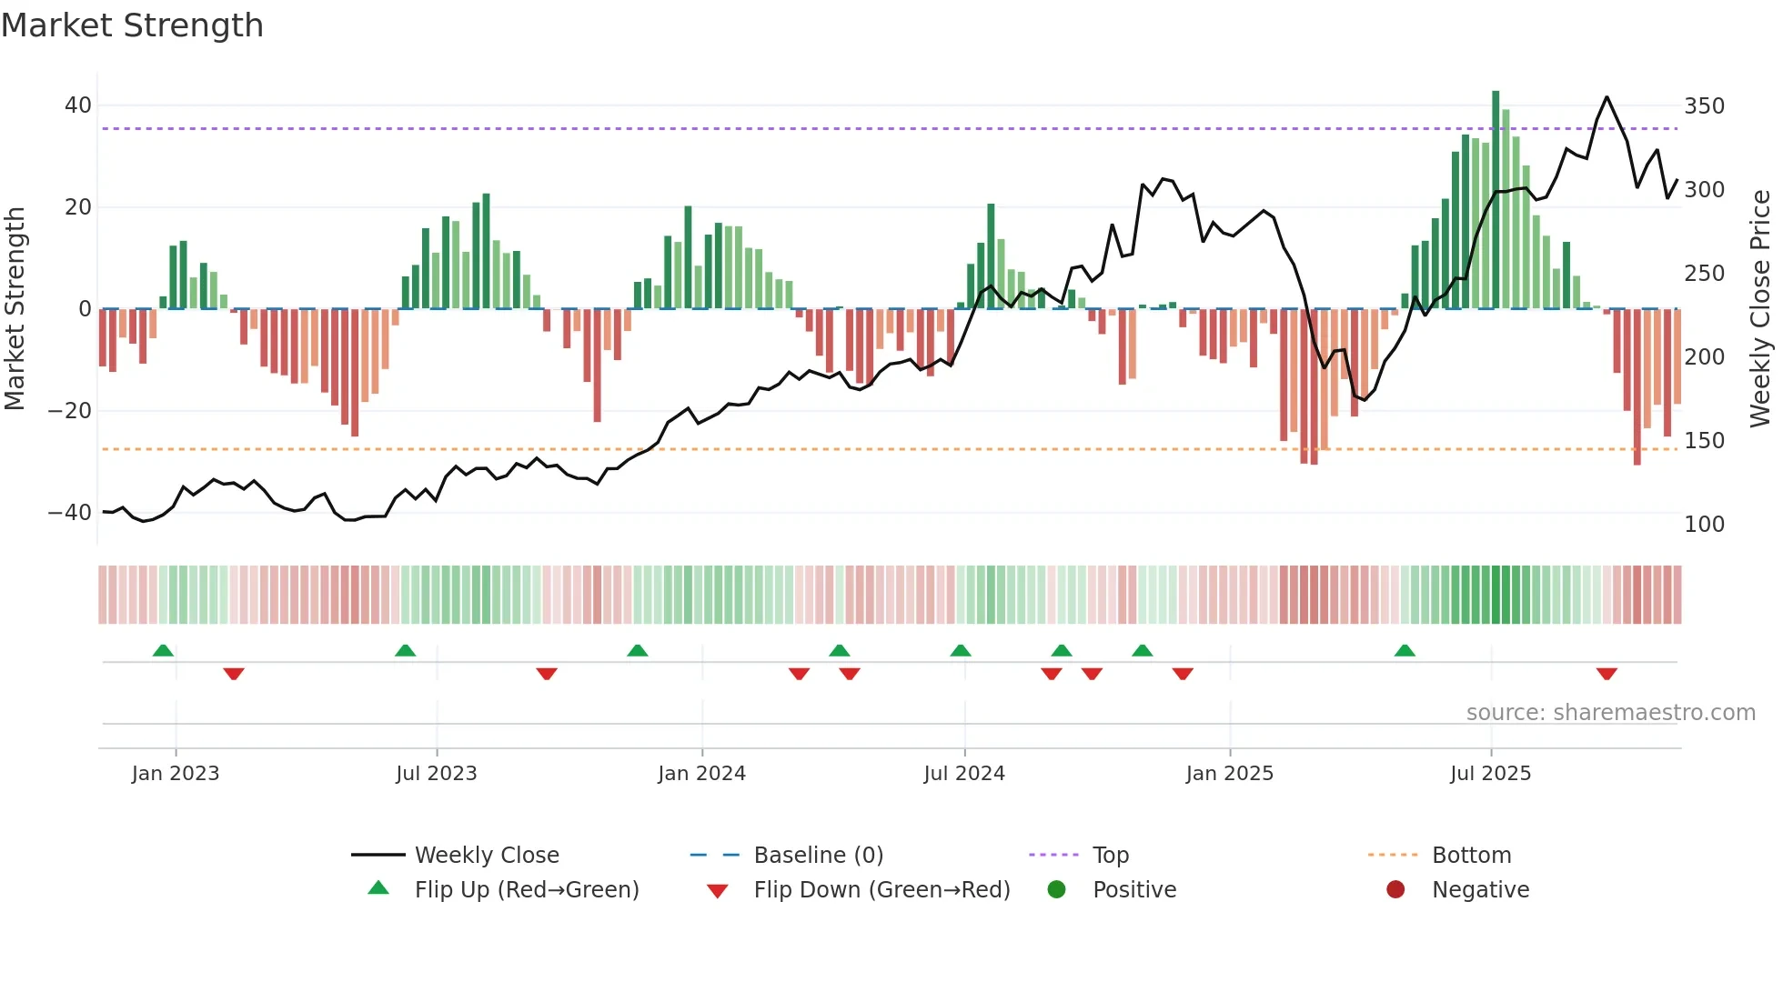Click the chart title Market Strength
coord(132,25)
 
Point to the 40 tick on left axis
coord(78,105)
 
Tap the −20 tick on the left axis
coord(70,411)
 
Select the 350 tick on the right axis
coord(1704,106)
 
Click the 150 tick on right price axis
coord(1704,441)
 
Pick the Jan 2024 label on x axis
coord(701,774)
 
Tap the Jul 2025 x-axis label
coord(1490,774)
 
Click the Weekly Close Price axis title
coord(1760,309)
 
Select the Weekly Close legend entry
coord(486,856)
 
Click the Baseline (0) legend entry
coord(818,856)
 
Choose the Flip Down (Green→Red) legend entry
coord(881,890)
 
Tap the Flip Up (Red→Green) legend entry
coord(526,890)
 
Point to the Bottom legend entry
coord(1471,856)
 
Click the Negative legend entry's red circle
coord(1395,890)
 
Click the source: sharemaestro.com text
coord(1610,713)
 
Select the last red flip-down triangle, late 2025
coord(1607,674)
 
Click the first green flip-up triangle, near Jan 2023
coord(163,650)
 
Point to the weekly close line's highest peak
coord(1607,97)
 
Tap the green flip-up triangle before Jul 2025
coord(1405,650)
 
